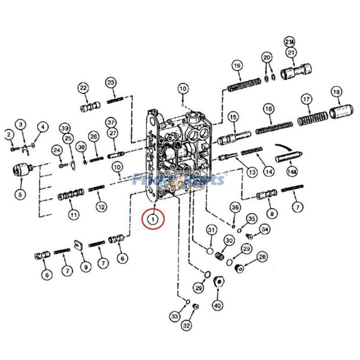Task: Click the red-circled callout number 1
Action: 153,219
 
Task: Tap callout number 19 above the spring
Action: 237,66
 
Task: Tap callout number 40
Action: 217,306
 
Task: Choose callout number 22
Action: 83,88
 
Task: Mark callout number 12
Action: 101,207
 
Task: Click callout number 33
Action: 175,317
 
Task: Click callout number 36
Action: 235,207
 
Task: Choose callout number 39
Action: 66,127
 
